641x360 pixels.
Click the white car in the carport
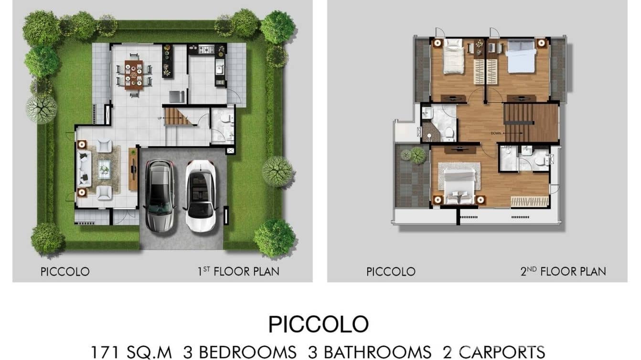tap(200, 196)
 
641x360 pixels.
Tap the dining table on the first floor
tap(134, 74)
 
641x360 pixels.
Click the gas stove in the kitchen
tap(206, 49)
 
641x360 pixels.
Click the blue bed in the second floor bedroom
tap(520, 56)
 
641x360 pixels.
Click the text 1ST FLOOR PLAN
tap(238, 272)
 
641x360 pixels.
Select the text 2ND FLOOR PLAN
tap(563, 272)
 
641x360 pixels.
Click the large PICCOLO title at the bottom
tap(319, 325)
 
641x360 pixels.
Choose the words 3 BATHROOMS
tap(370, 352)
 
